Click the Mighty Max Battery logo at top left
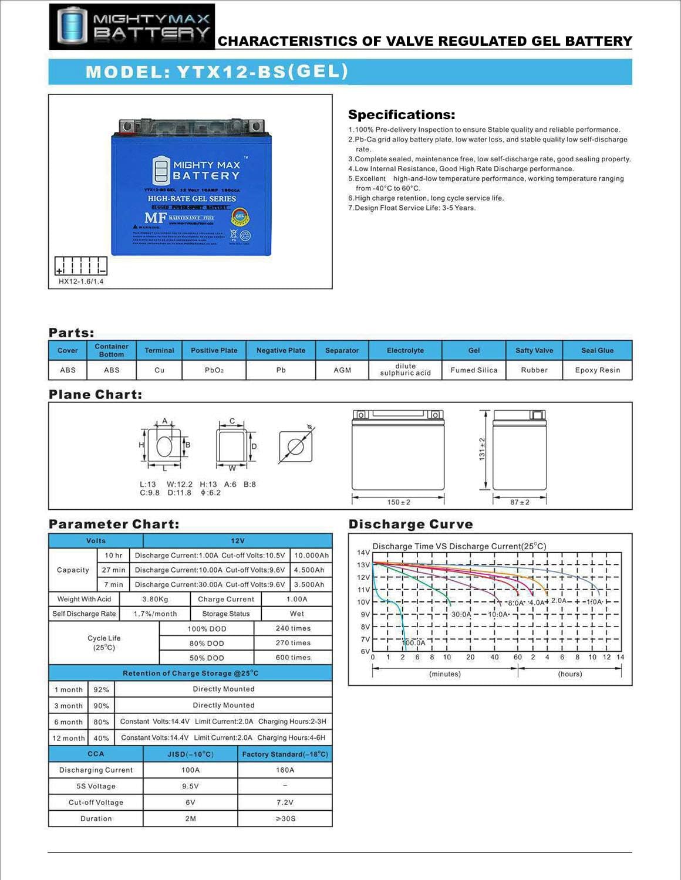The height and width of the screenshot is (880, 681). [x=132, y=26]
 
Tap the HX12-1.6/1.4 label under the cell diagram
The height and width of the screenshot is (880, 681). [x=81, y=282]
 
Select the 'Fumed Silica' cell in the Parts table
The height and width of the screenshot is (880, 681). [x=474, y=370]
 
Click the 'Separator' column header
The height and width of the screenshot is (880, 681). [x=342, y=350]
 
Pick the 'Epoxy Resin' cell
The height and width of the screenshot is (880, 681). [x=597, y=370]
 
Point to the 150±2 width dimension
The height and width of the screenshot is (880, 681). [x=399, y=502]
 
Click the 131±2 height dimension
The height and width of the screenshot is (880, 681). [x=482, y=449]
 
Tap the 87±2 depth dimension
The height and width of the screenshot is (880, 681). [x=520, y=502]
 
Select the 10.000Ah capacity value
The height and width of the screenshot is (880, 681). [x=311, y=556]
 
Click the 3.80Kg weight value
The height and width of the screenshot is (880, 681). [x=155, y=600]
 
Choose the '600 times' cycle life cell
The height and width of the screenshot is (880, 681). [x=293, y=658]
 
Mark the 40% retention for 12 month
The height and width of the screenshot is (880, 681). [x=101, y=738]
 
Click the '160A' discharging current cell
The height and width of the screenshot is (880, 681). [x=285, y=770]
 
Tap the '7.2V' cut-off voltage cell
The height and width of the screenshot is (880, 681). [x=285, y=803]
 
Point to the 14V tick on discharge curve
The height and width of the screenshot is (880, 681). [x=363, y=553]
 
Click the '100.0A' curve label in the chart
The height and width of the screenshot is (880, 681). [x=414, y=643]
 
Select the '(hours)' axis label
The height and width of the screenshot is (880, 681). [x=569, y=674]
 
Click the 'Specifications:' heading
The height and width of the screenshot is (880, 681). [x=402, y=115]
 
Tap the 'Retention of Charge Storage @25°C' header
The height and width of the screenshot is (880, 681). [x=190, y=673]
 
